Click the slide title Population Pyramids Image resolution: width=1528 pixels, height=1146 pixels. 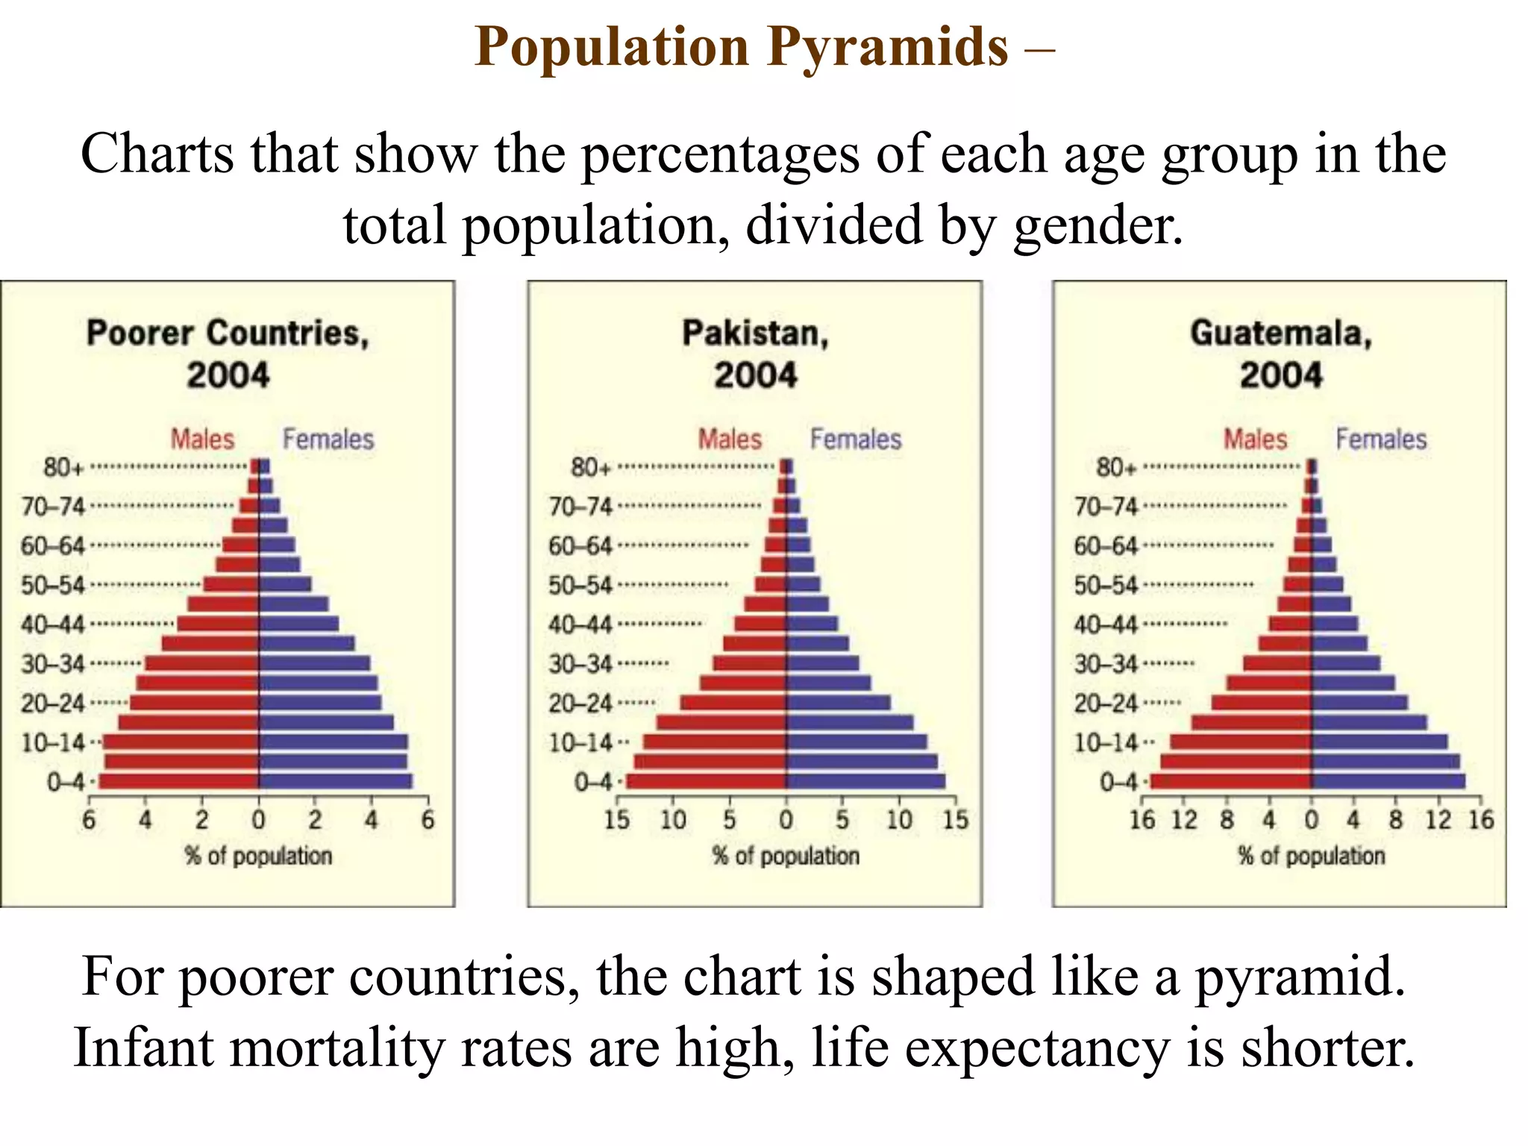pyautogui.click(x=742, y=46)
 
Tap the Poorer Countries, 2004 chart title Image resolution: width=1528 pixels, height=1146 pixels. pyautogui.click(x=228, y=354)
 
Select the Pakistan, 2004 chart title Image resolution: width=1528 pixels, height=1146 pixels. pyautogui.click(x=755, y=354)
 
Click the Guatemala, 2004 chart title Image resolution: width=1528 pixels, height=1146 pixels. pyautogui.click(x=1281, y=354)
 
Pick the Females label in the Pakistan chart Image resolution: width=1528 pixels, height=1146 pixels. pyautogui.click(x=856, y=439)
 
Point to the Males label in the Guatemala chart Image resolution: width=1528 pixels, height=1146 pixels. pyautogui.click(x=1255, y=439)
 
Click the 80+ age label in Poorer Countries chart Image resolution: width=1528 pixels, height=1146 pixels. pyautogui.click(x=63, y=468)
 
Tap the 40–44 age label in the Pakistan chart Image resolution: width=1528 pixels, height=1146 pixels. pyautogui.click(x=580, y=624)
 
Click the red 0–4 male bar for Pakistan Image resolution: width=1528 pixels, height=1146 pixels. pyautogui.click(x=705, y=781)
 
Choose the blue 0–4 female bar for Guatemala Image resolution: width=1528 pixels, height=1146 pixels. pyautogui.click(x=1388, y=781)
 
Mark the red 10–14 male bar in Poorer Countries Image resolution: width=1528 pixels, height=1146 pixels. pyautogui.click(x=181, y=742)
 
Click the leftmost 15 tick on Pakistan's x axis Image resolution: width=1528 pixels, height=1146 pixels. pyautogui.click(x=616, y=821)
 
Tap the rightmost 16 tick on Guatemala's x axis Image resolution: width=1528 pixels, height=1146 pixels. pyautogui.click(x=1481, y=821)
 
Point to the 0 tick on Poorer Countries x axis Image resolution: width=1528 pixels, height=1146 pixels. pyautogui.click(x=258, y=821)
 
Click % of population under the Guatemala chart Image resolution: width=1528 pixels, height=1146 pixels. pyautogui.click(x=1311, y=856)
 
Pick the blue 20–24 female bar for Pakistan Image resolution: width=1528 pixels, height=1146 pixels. pyautogui.click(x=838, y=703)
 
